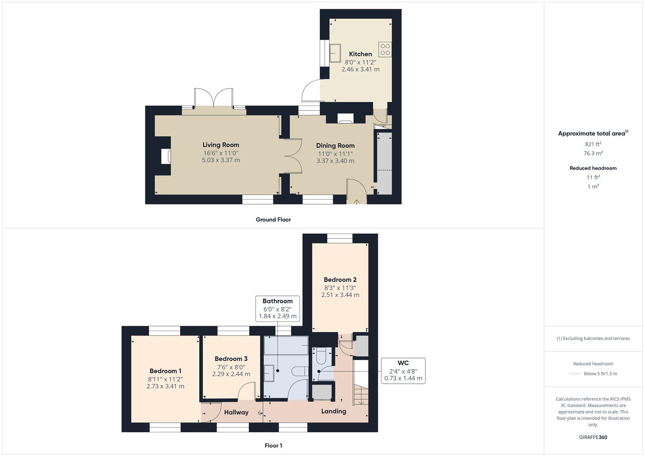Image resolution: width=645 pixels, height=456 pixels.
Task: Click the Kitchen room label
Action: coord(360,54)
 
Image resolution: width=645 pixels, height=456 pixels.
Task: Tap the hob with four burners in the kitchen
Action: coord(385,49)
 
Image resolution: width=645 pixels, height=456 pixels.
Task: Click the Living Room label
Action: coord(220,145)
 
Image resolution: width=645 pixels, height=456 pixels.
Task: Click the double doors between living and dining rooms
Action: coord(292,156)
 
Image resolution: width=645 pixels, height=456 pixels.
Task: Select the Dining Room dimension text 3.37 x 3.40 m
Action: coord(335,161)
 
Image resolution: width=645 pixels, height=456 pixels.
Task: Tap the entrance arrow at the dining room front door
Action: coord(357,202)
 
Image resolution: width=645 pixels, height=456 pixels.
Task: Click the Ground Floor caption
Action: coord(273,220)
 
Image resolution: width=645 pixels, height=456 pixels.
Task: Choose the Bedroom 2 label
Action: coord(340,280)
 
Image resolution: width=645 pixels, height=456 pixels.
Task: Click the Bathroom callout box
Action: coord(278,309)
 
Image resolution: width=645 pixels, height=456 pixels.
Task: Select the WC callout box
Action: coord(403,371)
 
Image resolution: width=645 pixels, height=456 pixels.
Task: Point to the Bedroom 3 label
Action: coord(231,359)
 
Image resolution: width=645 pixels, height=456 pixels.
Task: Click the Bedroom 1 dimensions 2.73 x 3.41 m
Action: coord(165,386)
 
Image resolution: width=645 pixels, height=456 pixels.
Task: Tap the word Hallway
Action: coord(236,413)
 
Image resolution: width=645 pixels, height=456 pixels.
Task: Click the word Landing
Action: coord(333,411)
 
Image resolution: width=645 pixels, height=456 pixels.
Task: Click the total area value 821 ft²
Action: coord(593,144)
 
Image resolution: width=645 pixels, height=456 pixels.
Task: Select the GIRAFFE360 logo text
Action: coord(593,437)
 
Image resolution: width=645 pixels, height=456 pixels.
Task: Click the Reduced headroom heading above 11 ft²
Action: coord(593,168)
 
